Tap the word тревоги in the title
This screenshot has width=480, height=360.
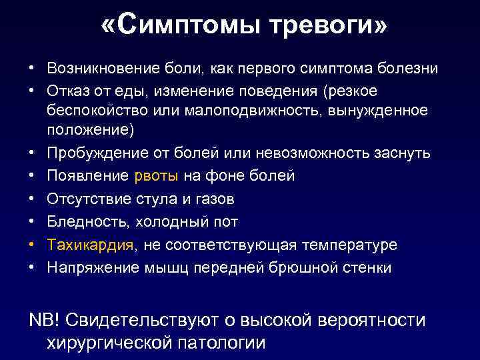pyautogui.click(x=327, y=27)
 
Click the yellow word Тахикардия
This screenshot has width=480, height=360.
pyautogui.click(x=91, y=245)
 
